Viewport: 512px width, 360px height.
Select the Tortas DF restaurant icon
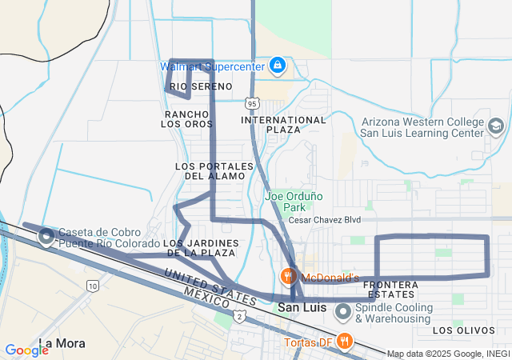(345, 340)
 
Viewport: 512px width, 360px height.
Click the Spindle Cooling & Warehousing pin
(342, 311)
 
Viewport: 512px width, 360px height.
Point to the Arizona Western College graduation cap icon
(495, 126)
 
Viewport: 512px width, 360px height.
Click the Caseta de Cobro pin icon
(46, 237)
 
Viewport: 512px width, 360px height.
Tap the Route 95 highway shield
(252, 103)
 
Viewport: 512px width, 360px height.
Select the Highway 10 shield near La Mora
(94, 286)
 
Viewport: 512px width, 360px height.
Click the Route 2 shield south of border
(239, 317)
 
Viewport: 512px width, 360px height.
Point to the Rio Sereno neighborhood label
(190, 86)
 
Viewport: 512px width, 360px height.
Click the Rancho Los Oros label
(186, 118)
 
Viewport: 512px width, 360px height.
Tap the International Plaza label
(283, 125)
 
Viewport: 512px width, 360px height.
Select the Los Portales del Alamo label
(214, 170)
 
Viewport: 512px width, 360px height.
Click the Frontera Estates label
(390, 290)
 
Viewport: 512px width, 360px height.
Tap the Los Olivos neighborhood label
(459, 330)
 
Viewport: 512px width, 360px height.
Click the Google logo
(26, 350)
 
